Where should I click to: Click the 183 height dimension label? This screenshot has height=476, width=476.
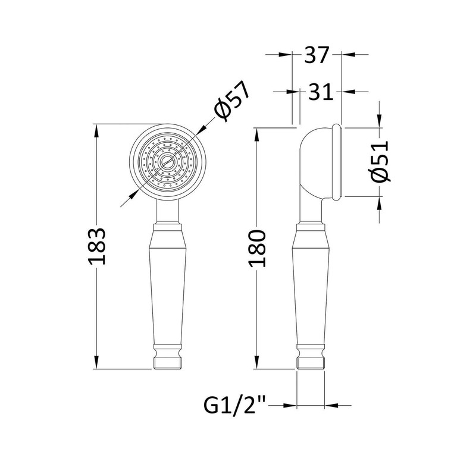coord(97,246)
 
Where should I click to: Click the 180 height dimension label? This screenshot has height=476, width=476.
coord(257,249)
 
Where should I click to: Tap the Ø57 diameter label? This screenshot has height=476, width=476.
coord(232,101)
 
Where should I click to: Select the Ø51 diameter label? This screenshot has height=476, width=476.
coord(380,161)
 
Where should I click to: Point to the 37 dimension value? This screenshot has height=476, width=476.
coord(317,55)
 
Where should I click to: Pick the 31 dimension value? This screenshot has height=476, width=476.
coord(321,92)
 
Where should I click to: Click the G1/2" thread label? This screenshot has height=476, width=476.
coord(234,405)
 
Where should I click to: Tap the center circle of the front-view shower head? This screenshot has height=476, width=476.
coord(168,161)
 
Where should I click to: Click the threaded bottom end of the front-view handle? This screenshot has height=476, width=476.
coord(168,364)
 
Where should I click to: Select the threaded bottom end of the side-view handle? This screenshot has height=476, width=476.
coord(311,364)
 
